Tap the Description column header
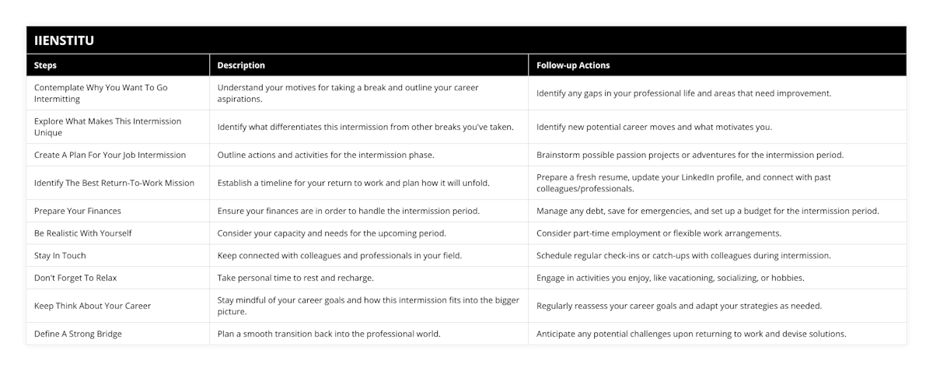[241, 65]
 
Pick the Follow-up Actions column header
[573, 65]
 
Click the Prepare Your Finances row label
[78, 211]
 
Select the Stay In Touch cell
[60, 255]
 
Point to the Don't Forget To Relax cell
[75, 278]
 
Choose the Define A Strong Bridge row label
[78, 334]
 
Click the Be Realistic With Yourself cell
[82, 233]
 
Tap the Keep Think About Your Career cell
[93, 306]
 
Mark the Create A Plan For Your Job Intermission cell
[110, 155]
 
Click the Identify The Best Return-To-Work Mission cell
[114, 183]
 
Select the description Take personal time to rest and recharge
[295, 278]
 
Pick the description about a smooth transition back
[329, 334]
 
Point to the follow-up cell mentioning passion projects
[690, 155]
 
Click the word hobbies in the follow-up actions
[788, 278]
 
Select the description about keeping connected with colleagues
[339, 255]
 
